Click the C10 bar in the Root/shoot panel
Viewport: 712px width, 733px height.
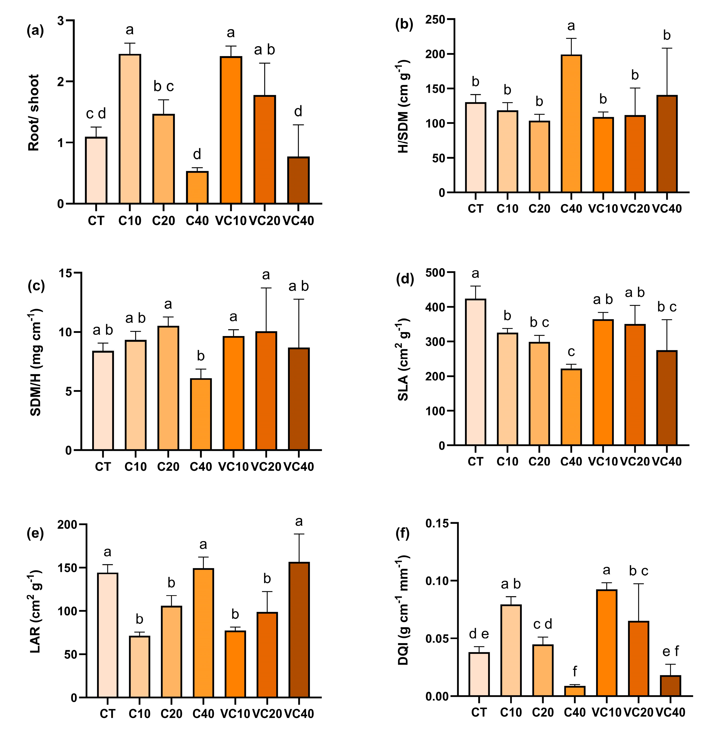130,129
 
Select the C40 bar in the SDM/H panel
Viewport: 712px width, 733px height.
201,414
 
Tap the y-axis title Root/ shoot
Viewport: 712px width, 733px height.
34,113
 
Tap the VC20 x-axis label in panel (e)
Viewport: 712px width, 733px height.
267,714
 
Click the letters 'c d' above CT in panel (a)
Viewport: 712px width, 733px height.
96,114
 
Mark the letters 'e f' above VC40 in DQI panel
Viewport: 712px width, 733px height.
670,651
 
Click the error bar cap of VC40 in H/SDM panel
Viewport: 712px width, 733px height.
667,48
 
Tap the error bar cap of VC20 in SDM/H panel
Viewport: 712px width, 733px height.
266,288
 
